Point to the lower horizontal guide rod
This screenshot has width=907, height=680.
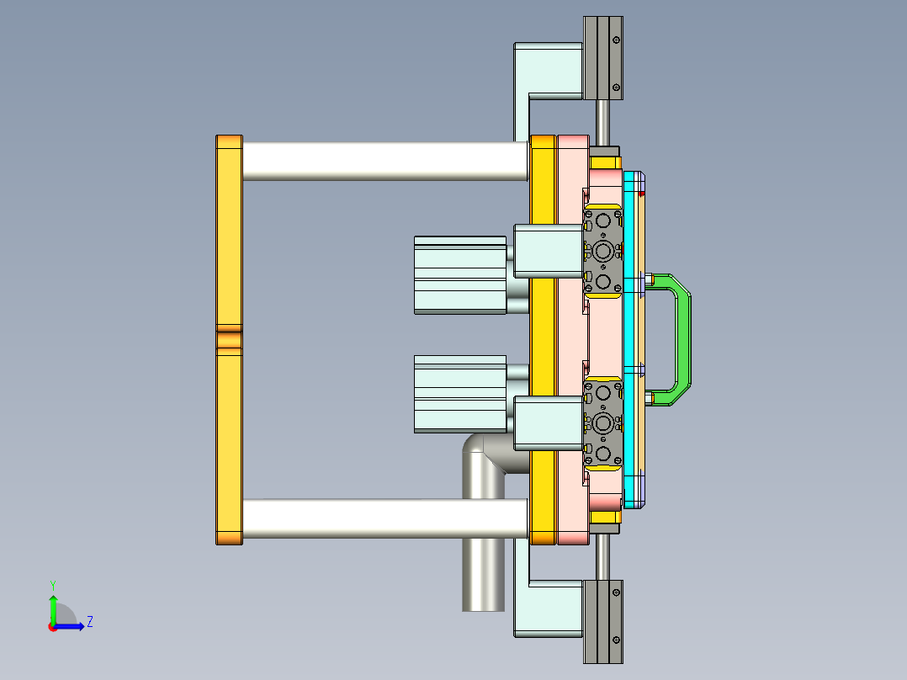[353, 518]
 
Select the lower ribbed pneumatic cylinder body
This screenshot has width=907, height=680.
[459, 394]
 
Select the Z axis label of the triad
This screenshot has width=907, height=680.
[89, 622]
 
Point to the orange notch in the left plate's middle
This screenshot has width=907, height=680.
[229, 341]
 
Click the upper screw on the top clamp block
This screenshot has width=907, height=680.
[617, 40]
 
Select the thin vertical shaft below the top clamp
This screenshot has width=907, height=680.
[603, 121]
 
